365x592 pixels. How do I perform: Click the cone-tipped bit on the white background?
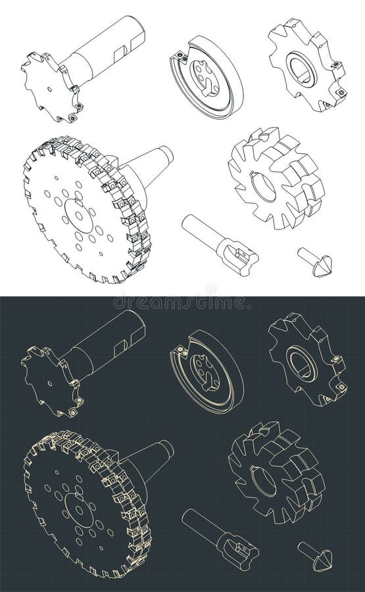[315, 261]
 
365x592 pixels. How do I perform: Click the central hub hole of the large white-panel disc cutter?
[77, 214]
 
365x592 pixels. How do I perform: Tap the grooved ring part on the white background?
[207, 78]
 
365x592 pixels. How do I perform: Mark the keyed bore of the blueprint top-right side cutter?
[304, 363]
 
